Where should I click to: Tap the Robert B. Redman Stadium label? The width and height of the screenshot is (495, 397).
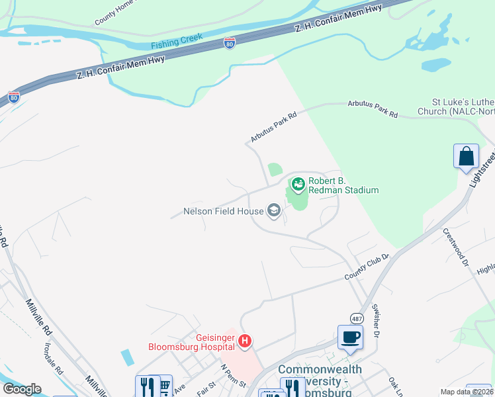click(343, 185)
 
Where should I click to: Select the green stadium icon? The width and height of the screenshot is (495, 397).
click(298, 183)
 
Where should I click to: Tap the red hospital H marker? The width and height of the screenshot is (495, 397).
click(245, 341)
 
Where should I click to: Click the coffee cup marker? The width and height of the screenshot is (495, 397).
click(350, 337)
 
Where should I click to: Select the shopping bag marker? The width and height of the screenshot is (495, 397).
click(466, 156)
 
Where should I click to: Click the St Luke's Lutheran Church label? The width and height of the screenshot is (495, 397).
click(463, 107)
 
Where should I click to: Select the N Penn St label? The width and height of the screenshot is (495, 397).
click(233, 375)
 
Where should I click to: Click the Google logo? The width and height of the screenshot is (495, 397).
click(22, 389)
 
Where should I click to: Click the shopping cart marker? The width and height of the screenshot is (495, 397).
click(163, 386)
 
